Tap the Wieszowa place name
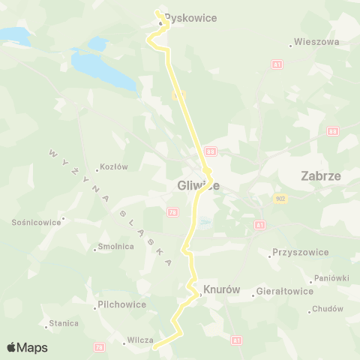[317, 43]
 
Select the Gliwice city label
[198, 187]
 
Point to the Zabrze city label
[320, 176]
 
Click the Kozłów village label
[114, 167]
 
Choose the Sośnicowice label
[35, 223]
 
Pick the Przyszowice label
[301, 253]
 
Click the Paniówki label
[331, 278]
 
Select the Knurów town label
[215, 288]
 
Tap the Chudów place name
[327, 309]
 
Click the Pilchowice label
[121, 305]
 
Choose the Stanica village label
[64, 323]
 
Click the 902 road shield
[280, 199]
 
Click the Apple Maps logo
[27, 347]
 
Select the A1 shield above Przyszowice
[259, 225]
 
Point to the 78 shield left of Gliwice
[172, 213]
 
